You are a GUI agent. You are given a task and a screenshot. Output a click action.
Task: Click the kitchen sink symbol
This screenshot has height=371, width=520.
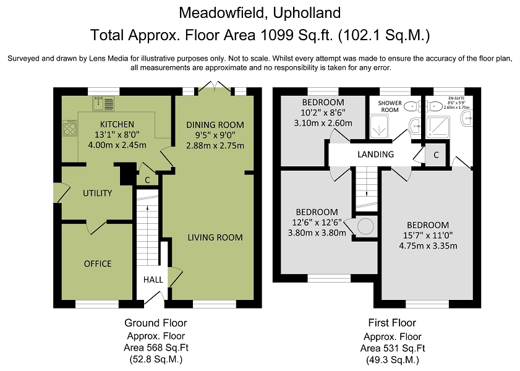click(103, 103)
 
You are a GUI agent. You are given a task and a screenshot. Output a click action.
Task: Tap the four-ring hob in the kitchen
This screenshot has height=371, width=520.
click(70, 127)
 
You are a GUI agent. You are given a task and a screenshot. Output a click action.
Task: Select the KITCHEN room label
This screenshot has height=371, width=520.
click(117, 124)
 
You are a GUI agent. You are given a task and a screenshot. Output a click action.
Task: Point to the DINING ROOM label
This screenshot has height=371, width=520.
click(215, 125)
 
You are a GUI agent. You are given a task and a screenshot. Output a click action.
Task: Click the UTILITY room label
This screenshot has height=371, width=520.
click(97, 194)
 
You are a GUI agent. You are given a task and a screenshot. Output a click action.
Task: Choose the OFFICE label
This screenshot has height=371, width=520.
click(98, 263)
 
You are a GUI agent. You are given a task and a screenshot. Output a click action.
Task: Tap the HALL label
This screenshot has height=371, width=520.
click(153, 280)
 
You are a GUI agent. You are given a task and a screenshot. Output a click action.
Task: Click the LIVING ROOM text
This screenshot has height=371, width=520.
click(215, 237)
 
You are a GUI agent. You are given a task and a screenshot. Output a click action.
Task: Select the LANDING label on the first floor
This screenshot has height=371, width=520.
click(375, 154)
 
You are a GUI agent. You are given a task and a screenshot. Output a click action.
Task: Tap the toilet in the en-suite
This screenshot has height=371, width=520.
click(434, 106)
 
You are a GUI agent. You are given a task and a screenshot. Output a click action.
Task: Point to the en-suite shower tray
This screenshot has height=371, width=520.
click(438, 127)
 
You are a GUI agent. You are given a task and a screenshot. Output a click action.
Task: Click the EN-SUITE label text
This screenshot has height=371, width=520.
click(456, 98)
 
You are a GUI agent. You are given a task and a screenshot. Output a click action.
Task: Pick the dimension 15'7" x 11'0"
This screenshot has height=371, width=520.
click(428, 236)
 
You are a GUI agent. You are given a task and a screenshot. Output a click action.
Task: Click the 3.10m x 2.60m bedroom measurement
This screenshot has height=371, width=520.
click(323, 123)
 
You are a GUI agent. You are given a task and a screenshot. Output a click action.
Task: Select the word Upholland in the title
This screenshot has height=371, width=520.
click(307, 13)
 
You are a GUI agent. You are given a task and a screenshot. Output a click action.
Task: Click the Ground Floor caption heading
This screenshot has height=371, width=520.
click(156, 323)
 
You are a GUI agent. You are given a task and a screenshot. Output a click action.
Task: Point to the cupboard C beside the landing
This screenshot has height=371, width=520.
click(436, 155)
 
